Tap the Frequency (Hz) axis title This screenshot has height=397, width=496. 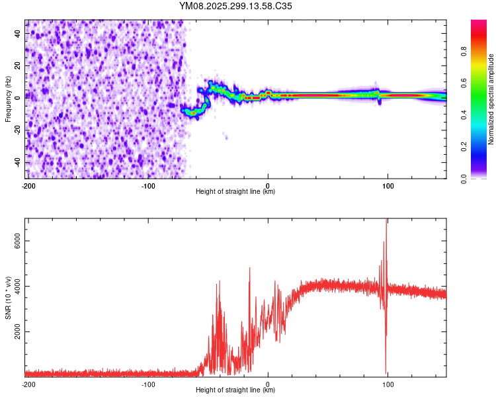pyautogui.click(x=8, y=99)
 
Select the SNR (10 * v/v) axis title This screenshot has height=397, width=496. pyautogui.click(x=8, y=298)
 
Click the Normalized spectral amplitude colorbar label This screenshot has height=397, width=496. pyautogui.click(x=491, y=99)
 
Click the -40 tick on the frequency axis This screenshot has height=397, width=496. pyautogui.click(x=18, y=162)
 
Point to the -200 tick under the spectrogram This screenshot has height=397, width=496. pyautogui.click(x=28, y=185)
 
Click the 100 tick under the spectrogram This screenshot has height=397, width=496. pyautogui.click(x=388, y=185)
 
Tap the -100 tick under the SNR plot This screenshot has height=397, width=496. pyautogui.click(x=148, y=384)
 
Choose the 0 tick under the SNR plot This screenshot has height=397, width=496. pyautogui.click(x=268, y=384)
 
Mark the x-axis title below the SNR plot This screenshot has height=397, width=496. pyautogui.click(x=235, y=390)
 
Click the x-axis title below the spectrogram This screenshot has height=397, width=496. pyautogui.click(x=235, y=192)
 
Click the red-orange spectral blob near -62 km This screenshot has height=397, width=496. pyautogui.click(x=193, y=113)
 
